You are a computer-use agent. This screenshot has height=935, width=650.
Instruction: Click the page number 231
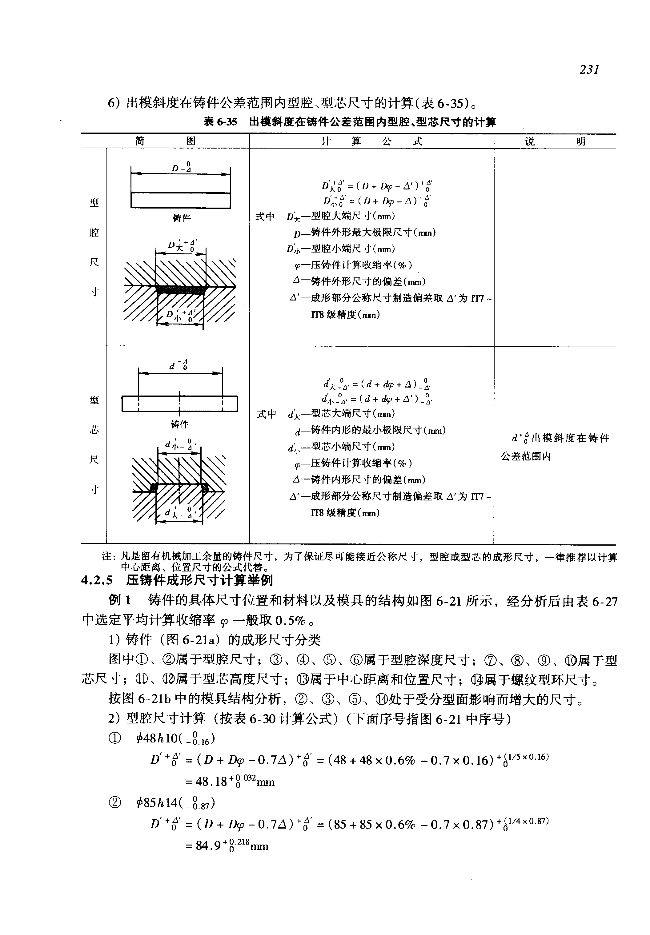[589, 70]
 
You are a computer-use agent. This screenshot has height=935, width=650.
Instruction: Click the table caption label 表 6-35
[220, 122]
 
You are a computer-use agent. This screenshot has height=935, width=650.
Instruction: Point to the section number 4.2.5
[97, 580]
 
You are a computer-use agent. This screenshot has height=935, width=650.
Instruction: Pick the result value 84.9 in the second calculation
[207, 846]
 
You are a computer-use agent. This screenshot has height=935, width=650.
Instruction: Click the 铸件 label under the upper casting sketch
[181, 218]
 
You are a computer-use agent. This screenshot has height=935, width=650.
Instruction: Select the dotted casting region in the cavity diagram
[181, 289]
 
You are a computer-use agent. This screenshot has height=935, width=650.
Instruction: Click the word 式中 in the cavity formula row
[265, 217]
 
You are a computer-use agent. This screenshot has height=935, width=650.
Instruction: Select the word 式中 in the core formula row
[266, 414]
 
